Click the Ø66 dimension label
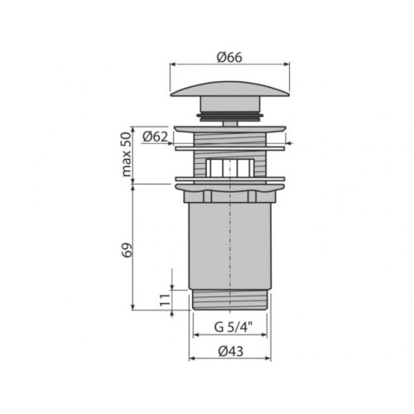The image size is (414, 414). pyautogui.click(x=229, y=57)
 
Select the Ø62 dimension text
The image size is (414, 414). pyautogui.click(x=155, y=137)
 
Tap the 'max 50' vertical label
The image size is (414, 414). pyautogui.click(x=126, y=154)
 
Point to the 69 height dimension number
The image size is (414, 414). pyautogui.click(x=127, y=250)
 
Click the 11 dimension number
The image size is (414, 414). pyautogui.click(x=164, y=300)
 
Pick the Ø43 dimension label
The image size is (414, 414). pyautogui.click(x=231, y=351)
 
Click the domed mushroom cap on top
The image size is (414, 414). pyautogui.click(x=230, y=89)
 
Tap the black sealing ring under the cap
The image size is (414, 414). pyautogui.click(x=230, y=116)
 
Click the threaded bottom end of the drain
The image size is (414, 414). pyautogui.click(x=230, y=300)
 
